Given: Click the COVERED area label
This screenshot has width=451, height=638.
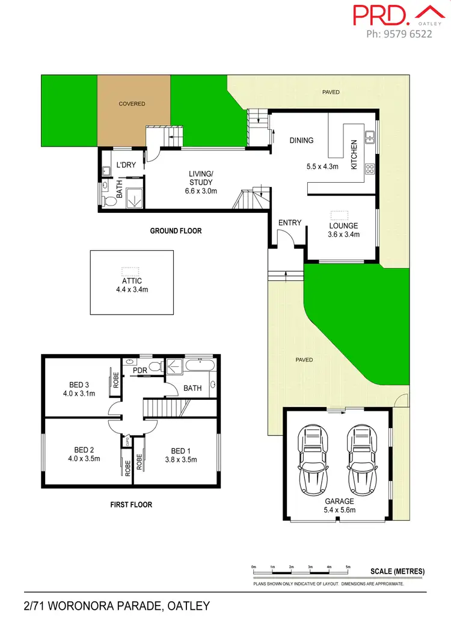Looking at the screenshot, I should point(132,104).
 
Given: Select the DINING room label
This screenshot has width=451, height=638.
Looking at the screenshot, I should point(301,141).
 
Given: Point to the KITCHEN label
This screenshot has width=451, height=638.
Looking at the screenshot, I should point(354,154).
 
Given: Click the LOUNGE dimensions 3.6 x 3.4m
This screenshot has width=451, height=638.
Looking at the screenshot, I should point(343,235).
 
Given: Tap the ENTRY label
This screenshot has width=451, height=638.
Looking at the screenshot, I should point(290,223).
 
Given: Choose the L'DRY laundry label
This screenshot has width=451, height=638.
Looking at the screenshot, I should point(125,165).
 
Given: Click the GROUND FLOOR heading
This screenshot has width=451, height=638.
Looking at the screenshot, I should point(176,231).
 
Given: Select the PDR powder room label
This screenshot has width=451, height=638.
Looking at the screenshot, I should point(140,370).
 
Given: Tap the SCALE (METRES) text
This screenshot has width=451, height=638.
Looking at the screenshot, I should point(397,571).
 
